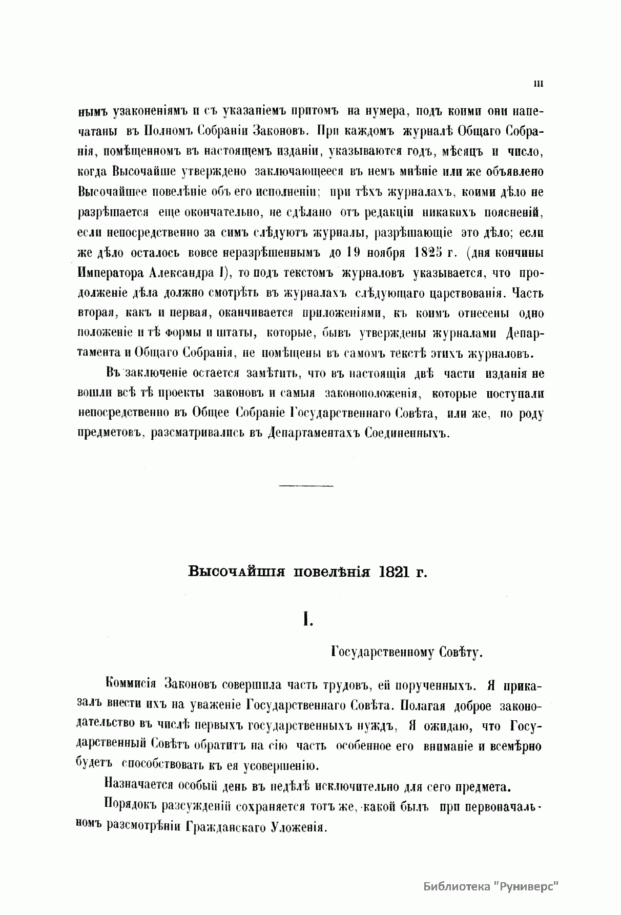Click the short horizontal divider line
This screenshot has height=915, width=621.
pyautogui.click(x=307, y=485)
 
